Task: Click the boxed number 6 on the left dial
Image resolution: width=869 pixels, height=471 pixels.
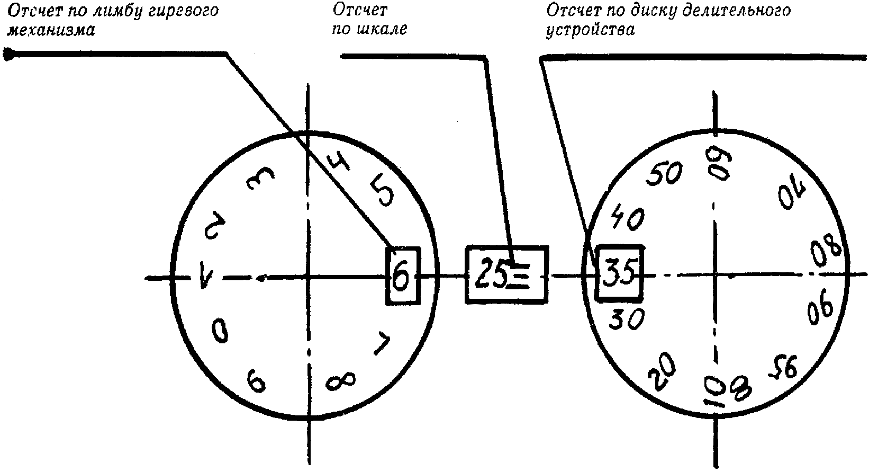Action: coord(402,277)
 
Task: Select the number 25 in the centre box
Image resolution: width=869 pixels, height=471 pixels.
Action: coord(490,274)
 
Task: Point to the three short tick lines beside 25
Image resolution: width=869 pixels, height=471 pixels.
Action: coord(519,276)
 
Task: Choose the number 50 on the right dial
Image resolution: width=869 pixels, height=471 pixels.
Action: coord(665,173)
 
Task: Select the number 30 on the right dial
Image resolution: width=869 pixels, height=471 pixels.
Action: coord(627,318)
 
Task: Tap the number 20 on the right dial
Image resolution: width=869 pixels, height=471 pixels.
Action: coord(662,371)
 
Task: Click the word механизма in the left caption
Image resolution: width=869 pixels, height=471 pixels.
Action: coord(51,30)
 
